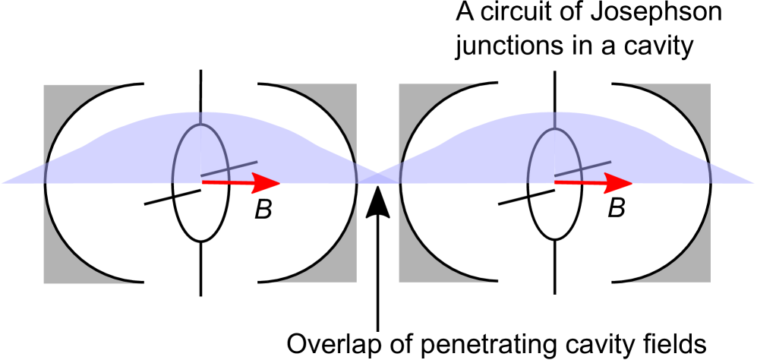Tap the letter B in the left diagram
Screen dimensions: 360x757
pos(263,210)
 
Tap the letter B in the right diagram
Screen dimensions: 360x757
pos(617,208)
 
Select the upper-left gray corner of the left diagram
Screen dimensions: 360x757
pos(53,95)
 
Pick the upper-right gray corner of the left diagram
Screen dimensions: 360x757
pos(347,95)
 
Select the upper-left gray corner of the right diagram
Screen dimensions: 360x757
pos(408,95)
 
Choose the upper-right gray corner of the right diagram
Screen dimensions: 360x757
pos(701,95)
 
